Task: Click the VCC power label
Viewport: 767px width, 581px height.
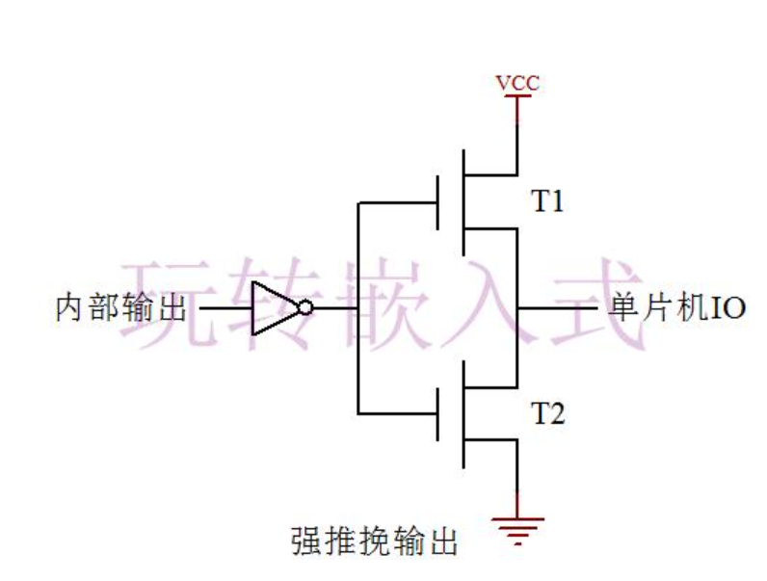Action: click(x=517, y=83)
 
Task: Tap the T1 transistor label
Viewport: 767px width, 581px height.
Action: click(x=548, y=202)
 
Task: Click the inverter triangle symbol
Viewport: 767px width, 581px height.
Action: click(x=273, y=308)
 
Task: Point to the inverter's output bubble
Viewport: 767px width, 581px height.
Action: click(x=305, y=308)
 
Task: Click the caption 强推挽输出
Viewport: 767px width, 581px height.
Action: click(x=374, y=541)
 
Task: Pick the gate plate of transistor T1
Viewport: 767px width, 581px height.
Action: click(x=439, y=202)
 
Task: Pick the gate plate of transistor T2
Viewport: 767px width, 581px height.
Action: click(x=439, y=414)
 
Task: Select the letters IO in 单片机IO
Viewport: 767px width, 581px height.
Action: click(x=728, y=308)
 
